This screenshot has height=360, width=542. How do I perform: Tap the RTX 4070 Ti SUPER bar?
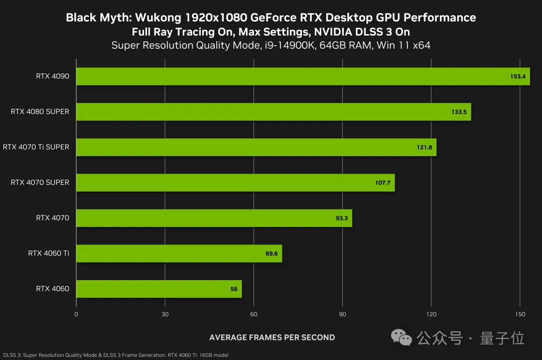[x=256, y=147]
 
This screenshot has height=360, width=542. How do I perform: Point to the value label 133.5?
[x=459, y=112]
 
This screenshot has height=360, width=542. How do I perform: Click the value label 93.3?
[x=341, y=218]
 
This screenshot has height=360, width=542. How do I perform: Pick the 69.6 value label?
[x=272, y=254]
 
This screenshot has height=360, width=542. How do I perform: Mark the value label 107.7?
[x=382, y=183]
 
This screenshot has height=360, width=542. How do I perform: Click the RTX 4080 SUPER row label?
[x=40, y=111]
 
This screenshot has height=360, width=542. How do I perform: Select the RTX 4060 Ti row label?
[x=49, y=253]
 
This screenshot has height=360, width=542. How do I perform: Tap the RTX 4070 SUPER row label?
[x=40, y=182]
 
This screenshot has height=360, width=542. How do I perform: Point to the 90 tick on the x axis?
[x=343, y=314]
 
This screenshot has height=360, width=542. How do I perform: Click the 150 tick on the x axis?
[x=520, y=314]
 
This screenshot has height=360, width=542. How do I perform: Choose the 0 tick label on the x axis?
[x=76, y=314]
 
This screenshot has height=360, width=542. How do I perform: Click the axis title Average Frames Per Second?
[x=272, y=337]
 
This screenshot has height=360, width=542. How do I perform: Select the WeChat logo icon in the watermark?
[x=401, y=337]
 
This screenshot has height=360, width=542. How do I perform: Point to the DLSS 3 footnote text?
[x=115, y=355]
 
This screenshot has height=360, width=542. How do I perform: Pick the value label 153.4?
[x=517, y=77]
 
